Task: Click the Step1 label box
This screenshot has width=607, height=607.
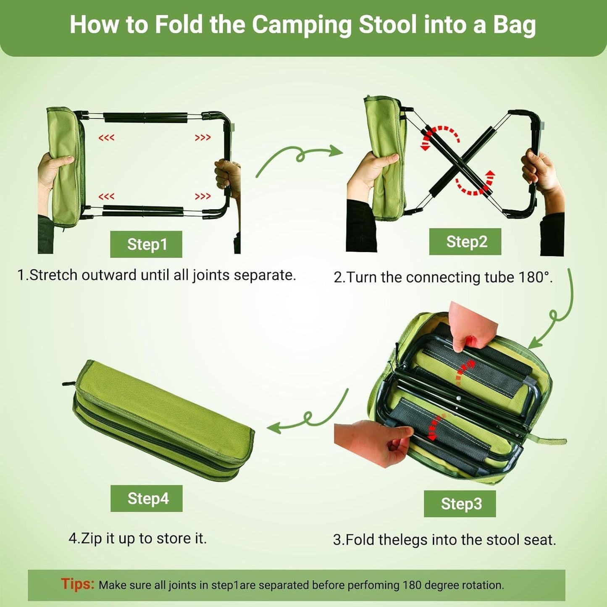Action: point(146,244)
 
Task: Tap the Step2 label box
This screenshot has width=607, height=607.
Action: point(465,242)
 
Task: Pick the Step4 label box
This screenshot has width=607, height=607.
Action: point(147,498)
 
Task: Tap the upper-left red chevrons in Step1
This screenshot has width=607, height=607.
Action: point(106,138)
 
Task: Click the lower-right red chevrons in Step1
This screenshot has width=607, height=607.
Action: point(202,197)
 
